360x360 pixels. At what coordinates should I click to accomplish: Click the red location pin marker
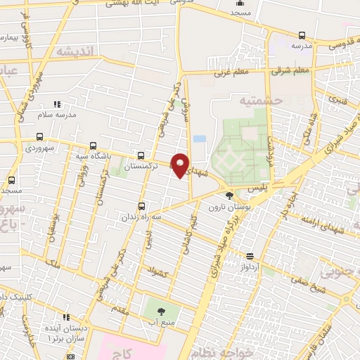coord(180,165)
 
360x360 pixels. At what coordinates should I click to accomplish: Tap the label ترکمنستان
coord(141,169)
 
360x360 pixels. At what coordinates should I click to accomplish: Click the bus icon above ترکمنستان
coord(142,156)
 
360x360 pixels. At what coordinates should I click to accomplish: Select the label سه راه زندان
coord(141,218)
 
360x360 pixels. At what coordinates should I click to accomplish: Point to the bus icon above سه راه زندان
coord(142,206)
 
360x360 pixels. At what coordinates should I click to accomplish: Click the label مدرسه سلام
coord(57,115)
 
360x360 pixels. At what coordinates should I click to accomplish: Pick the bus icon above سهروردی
coord(39,136)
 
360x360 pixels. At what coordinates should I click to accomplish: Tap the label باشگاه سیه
coord(93,157)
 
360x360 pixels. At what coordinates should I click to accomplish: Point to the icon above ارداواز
coord(250,257)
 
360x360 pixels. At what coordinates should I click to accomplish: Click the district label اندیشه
coord(75,51)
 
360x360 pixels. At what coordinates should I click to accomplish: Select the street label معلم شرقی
coord(293,70)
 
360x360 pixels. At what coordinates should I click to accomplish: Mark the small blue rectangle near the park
coord(200,139)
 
